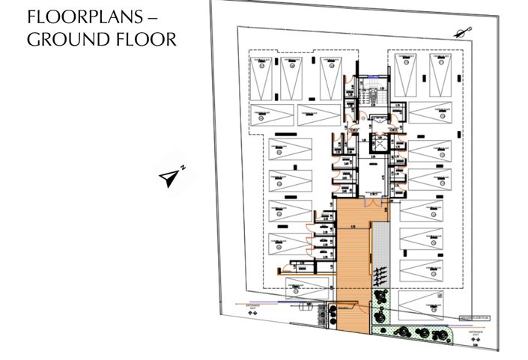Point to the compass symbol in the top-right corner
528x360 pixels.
(464, 31)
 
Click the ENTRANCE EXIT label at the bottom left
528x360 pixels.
(252, 308)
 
